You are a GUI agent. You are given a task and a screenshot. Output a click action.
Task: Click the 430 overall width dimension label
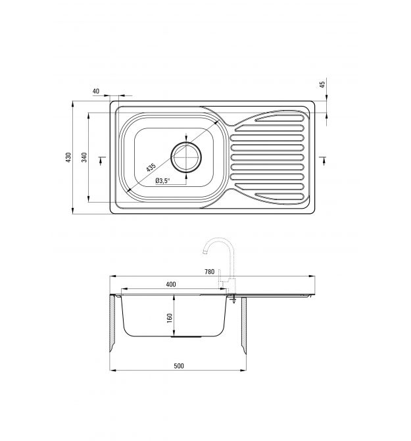(68, 157)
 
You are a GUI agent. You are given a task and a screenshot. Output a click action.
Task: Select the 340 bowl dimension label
(84, 157)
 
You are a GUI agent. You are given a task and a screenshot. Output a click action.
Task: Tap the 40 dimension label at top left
(96, 91)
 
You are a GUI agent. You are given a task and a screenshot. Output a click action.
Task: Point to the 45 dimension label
(322, 84)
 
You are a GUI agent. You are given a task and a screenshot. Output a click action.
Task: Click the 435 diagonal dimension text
(151, 167)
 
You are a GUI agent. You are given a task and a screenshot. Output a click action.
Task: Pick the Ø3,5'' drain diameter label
(163, 181)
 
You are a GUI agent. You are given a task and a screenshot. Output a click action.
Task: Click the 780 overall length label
(210, 272)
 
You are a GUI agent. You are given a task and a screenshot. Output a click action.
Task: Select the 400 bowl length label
(171, 284)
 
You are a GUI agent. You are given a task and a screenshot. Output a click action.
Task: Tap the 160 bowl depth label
(170, 318)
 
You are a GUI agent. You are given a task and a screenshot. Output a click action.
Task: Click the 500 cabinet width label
(179, 366)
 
